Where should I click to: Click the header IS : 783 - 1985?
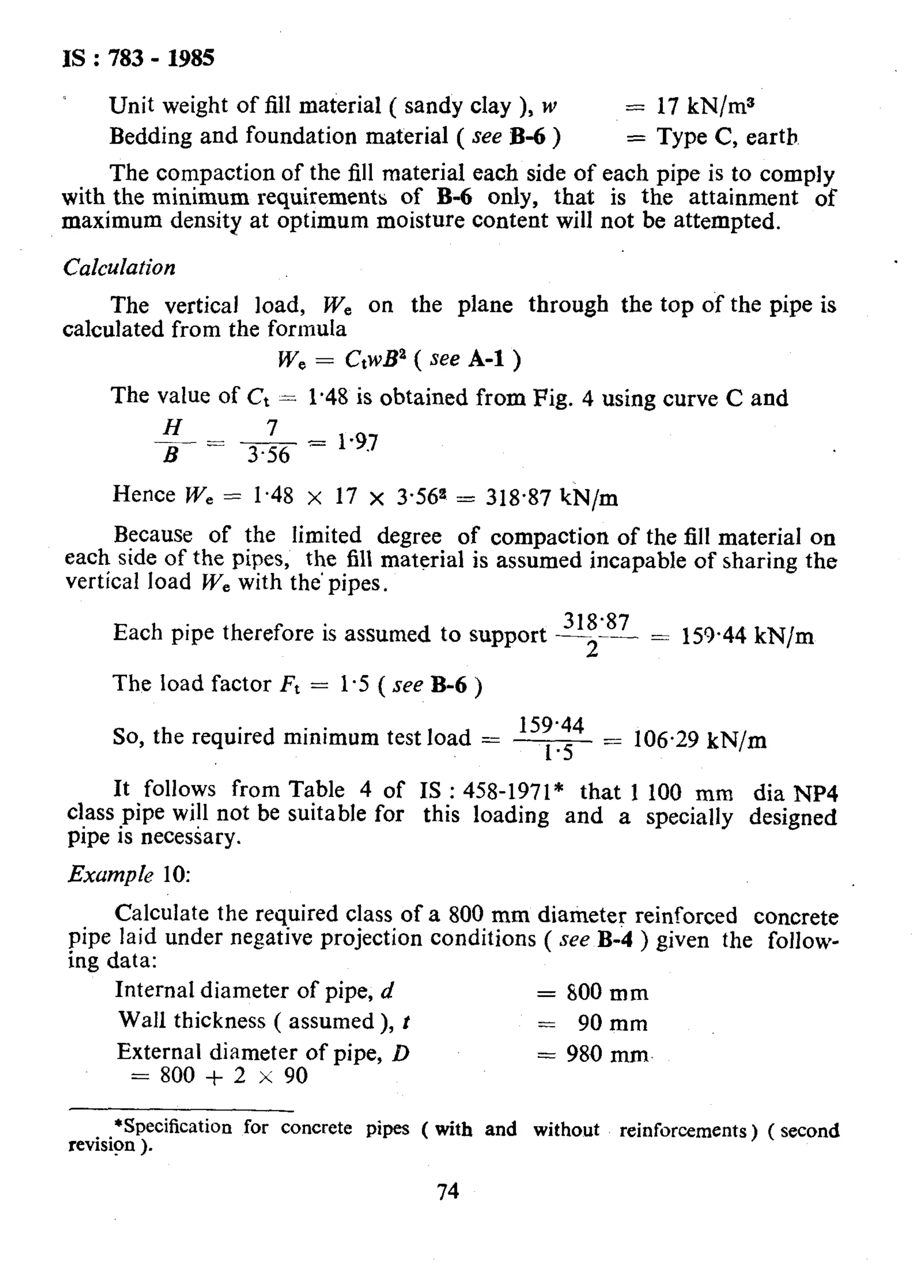(x=138, y=59)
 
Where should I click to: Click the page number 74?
(x=448, y=1191)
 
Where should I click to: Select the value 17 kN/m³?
(x=705, y=105)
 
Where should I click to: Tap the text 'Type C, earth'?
(x=727, y=136)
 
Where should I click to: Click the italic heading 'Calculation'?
(x=119, y=268)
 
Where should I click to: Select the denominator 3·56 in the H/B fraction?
(x=269, y=455)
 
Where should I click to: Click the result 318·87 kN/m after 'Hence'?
(x=551, y=497)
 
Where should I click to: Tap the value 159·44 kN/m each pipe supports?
(x=747, y=637)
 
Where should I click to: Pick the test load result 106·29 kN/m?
(x=700, y=740)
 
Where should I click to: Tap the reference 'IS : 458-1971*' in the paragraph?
(x=491, y=791)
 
